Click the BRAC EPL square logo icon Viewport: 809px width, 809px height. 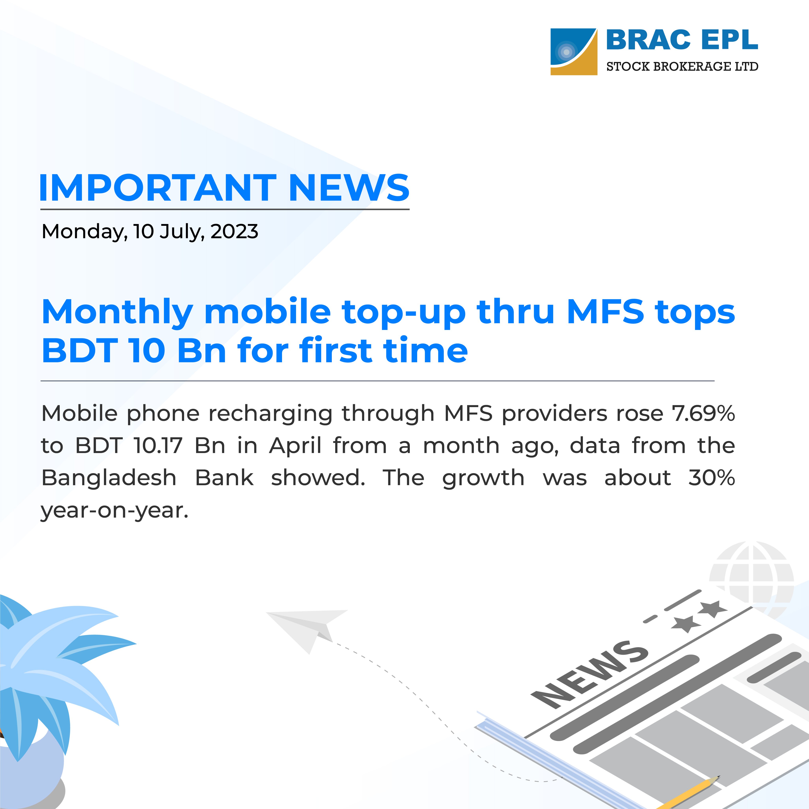click(573, 52)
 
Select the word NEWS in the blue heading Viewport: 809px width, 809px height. click(349, 188)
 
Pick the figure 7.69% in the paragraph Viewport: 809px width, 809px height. click(703, 413)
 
